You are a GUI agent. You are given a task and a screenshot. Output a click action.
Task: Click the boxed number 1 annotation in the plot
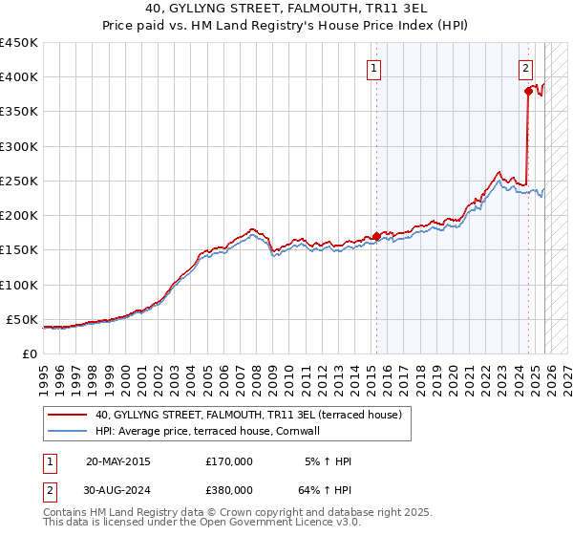[x=373, y=68]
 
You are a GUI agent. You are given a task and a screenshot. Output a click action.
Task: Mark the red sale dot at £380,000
[x=527, y=92]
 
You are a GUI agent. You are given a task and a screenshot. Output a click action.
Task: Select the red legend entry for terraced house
[x=253, y=415]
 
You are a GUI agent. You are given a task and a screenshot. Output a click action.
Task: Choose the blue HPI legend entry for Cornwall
[x=206, y=431]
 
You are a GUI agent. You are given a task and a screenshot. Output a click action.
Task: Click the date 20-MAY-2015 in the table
[x=117, y=461]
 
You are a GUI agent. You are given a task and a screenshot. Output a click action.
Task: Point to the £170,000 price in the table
[x=229, y=461]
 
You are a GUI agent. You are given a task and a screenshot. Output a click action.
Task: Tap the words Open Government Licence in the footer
[x=269, y=523]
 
